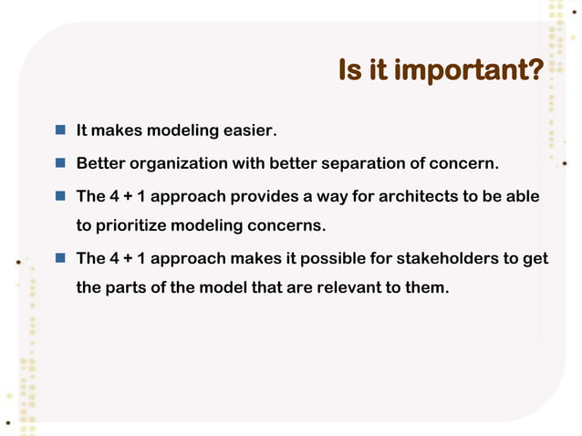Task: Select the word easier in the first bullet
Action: pyautogui.click(x=248, y=132)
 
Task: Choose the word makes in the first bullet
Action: pyautogui.click(x=117, y=132)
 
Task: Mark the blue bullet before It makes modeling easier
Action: pyautogui.click(x=59, y=131)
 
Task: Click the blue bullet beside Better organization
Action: pyautogui.click(x=59, y=163)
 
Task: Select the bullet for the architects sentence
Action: pyautogui.click(x=59, y=195)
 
